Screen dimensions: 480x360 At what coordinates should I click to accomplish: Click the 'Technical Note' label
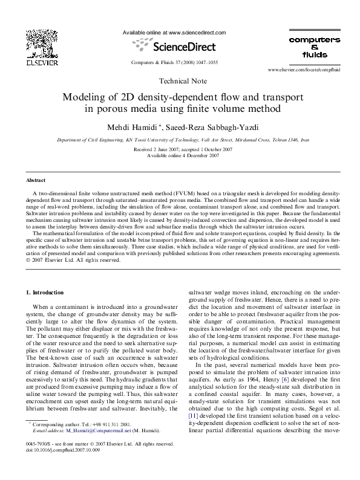coord(182,81)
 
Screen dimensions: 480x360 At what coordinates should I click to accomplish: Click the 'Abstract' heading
coord(36,181)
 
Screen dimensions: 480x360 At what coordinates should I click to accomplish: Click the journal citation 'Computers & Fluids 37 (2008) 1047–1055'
coord(174,62)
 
